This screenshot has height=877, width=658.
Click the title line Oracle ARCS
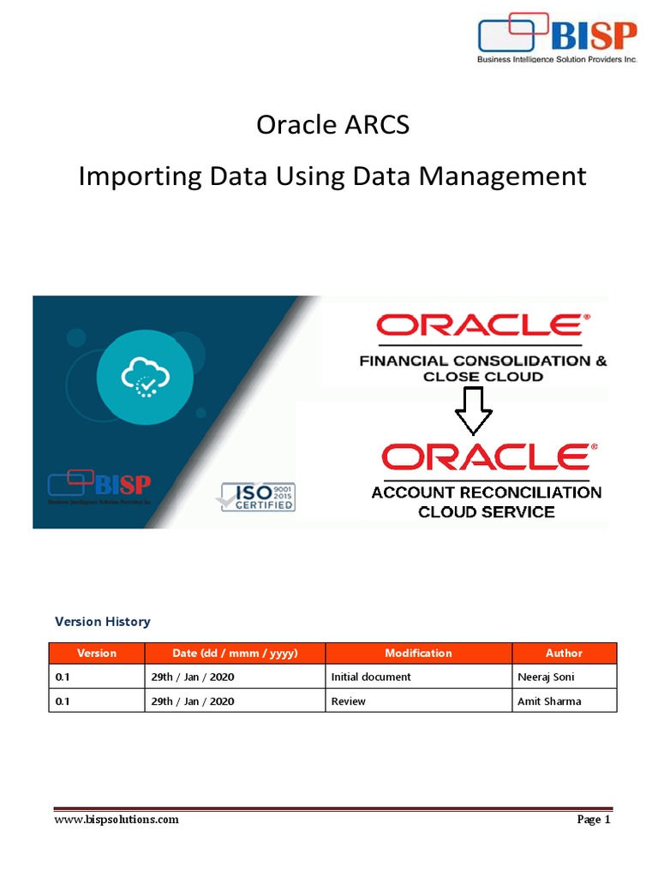click(x=332, y=125)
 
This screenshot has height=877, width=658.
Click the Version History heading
click(x=102, y=622)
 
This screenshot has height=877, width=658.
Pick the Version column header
click(x=97, y=653)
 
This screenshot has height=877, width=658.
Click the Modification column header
click(x=418, y=653)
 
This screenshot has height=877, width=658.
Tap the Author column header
click(x=564, y=653)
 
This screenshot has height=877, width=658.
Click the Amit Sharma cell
click(x=549, y=701)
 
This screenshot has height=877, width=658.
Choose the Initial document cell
click(x=371, y=677)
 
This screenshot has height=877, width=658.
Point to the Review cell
click(x=349, y=701)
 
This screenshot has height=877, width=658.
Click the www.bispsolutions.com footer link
click(x=117, y=820)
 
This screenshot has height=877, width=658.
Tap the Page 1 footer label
click(x=593, y=820)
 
